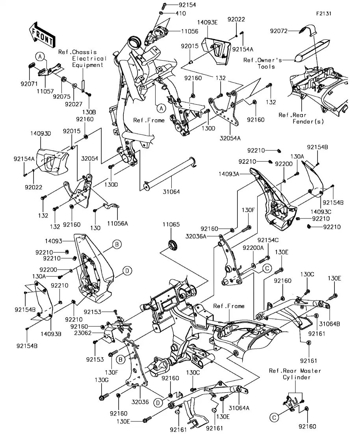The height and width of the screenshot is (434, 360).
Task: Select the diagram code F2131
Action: pyautogui.click(x=323, y=13)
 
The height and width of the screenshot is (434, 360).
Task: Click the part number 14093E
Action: pyautogui.click(x=207, y=22)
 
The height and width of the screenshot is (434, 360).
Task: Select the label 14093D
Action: pyautogui.click(x=41, y=133)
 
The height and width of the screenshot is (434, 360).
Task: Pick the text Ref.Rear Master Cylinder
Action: pyautogui.click(x=295, y=374)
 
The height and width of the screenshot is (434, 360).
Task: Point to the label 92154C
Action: pyautogui.click(x=268, y=240)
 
